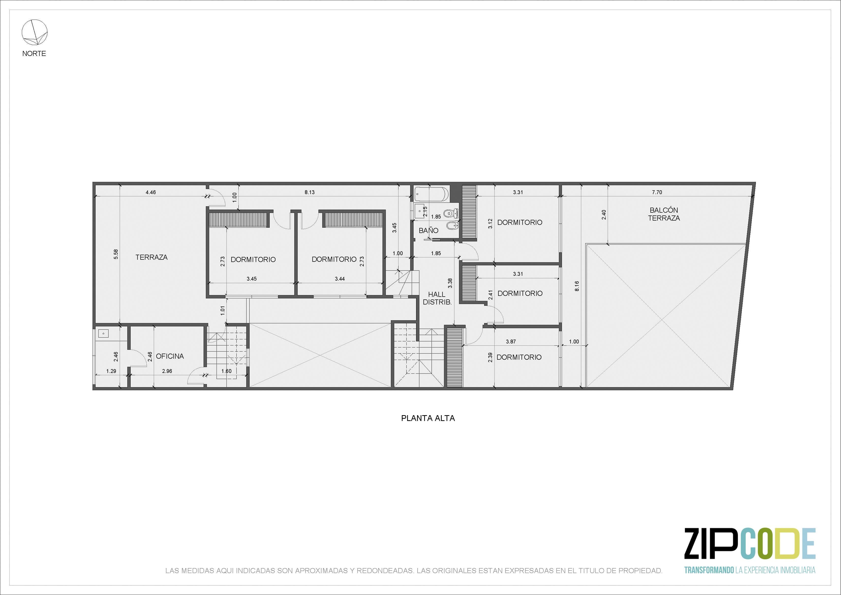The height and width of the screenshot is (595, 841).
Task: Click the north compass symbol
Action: pos(34,33)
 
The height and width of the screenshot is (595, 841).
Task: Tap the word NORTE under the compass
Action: pos(34,53)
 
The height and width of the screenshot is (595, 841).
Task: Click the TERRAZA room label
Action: pos(151,257)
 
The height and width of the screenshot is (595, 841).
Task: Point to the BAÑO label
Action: pos(429,230)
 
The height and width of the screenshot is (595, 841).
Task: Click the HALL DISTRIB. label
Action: pos(437,298)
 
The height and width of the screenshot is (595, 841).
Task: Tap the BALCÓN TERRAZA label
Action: pos(664,214)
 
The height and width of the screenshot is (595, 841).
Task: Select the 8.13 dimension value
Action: pos(310,192)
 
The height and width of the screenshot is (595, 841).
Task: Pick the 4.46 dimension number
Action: pos(150,192)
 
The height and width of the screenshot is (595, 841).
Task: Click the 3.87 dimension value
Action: pos(511,342)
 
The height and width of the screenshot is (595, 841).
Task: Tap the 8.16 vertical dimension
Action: pos(577,286)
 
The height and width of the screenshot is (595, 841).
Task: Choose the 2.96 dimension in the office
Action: pos(167,371)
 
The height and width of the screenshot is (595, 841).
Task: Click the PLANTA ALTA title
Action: pos(428,418)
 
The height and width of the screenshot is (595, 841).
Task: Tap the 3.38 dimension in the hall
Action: pos(450,283)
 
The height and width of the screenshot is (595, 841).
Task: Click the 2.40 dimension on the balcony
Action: pos(604,214)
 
